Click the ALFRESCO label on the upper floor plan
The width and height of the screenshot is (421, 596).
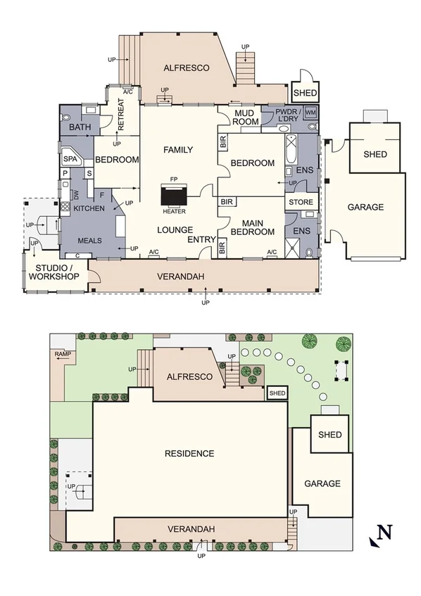click(187, 68)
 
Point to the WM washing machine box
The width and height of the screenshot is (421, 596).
click(310, 113)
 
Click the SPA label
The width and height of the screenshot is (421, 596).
click(70, 159)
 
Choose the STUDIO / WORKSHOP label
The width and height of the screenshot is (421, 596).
click(53, 272)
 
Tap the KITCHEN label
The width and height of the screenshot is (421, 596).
click(89, 208)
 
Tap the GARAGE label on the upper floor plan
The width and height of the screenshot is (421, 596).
click(365, 207)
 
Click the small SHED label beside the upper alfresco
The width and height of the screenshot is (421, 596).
click(305, 93)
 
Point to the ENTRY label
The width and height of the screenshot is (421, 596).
click(201, 240)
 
